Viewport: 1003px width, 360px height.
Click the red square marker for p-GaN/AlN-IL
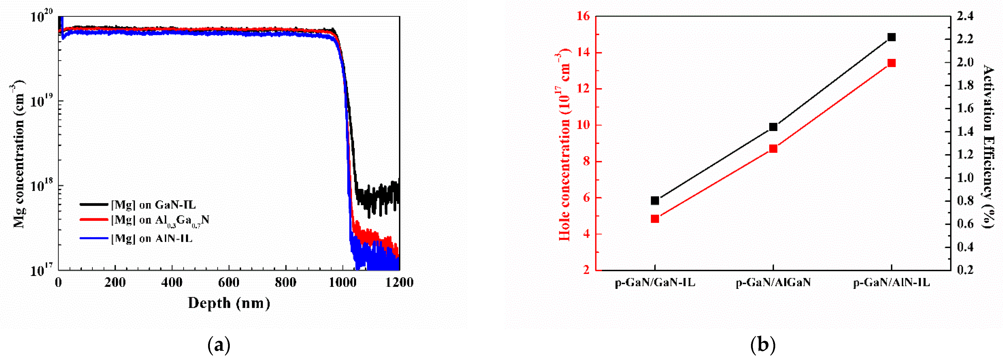[x=891, y=63]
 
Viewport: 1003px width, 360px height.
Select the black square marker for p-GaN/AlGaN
[x=773, y=127]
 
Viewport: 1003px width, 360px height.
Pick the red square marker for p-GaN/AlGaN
[x=773, y=149]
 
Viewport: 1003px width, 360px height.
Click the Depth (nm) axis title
[x=229, y=303]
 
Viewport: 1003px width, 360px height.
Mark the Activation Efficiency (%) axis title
[x=989, y=146]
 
